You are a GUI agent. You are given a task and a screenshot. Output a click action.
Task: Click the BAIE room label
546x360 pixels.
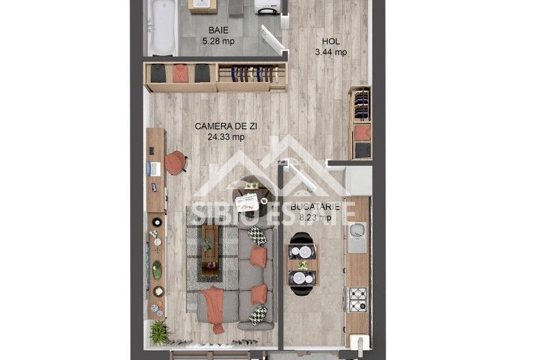coord(218,31)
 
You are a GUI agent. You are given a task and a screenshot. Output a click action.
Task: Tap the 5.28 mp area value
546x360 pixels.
coord(218,41)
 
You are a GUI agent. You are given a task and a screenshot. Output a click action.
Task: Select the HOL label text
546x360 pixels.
coord(331,42)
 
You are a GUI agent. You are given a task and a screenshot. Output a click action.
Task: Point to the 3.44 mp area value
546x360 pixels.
coord(331,52)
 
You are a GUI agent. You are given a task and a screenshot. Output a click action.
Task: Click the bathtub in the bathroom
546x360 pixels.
coord(162,27)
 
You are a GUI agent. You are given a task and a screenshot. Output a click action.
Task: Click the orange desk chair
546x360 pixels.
coord(175,162)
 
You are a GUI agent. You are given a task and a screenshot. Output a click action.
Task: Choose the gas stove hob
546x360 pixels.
coord(358,299)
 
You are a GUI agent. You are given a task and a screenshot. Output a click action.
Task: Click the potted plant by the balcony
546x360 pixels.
coord(159,333)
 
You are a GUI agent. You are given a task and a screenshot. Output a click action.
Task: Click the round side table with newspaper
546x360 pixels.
coord(247,200)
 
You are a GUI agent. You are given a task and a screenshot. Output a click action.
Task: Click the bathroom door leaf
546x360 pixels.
coord(276,41)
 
